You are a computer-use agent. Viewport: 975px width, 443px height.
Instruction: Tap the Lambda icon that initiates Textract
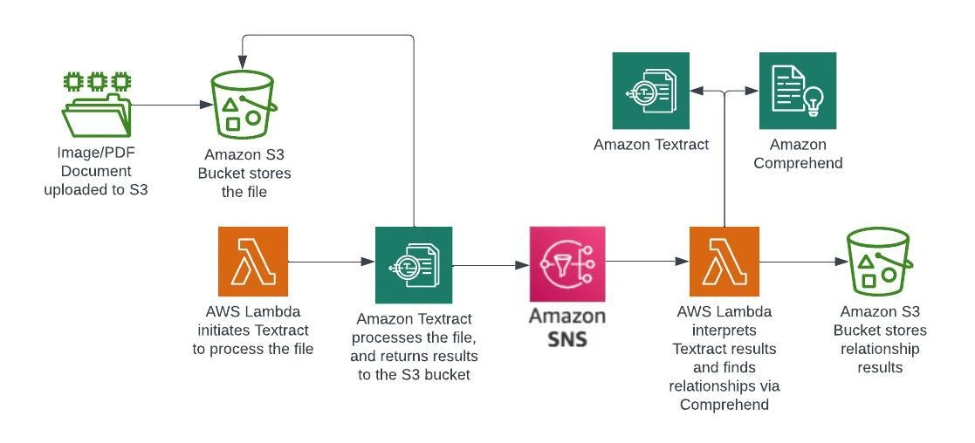(x=253, y=262)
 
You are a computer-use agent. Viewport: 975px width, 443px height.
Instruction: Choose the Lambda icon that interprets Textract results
(x=724, y=262)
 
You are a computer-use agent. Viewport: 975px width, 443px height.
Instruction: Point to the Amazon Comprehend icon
(x=798, y=91)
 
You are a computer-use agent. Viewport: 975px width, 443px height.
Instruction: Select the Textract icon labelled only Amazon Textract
(x=650, y=91)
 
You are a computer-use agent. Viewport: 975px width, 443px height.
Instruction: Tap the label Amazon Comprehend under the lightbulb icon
(x=798, y=153)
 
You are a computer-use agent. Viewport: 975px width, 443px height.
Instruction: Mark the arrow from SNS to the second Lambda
(x=647, y=260)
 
